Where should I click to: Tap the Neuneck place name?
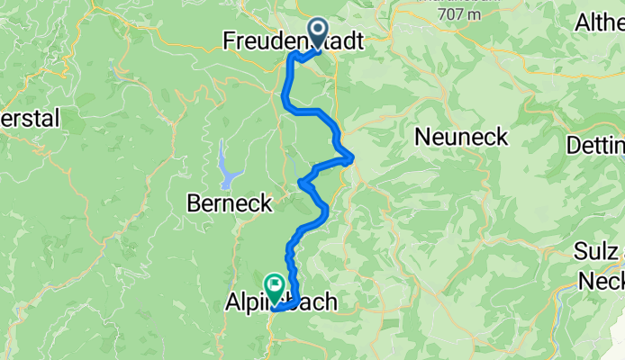click(461, 137)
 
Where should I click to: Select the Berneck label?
click(229, 204)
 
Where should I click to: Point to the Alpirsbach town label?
click(279, 303)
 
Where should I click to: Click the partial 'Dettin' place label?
click(595, 145)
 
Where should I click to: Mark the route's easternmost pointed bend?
click(352, 159)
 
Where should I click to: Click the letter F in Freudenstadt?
click(230, 41)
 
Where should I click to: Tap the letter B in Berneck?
click(194, 204)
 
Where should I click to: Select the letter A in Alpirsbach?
click(229, 303)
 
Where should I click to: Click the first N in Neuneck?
click(422, 137)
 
